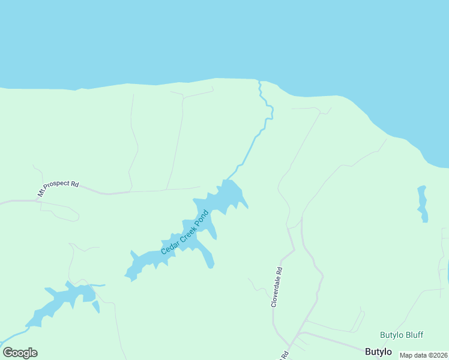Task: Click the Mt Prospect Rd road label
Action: click(x=58, y=190)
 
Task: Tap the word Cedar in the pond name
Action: click(x=169, y=246)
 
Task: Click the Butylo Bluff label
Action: click(x=402, y=335)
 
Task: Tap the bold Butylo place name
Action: click(x=378, y=352)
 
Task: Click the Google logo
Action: click(x=20, y=353)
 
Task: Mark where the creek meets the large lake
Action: click(x=259, y=81)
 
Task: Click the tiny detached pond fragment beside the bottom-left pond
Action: click(x=96, y=307)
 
